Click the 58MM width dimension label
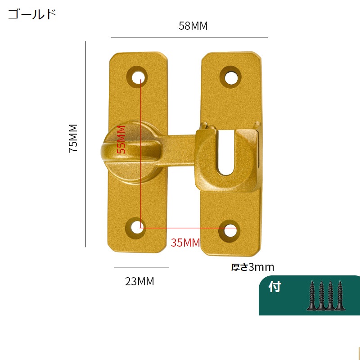pos(193,26)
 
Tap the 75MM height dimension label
pos(73,138)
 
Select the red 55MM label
pos(121,139)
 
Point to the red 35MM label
pos(185,243)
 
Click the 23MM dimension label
pos(139,281)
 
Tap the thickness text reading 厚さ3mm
pos(252,267)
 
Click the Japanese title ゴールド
pos(32,14)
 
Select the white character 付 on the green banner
pos(275,287)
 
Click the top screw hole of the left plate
pos(138,77)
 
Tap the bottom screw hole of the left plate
pos(136,228)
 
